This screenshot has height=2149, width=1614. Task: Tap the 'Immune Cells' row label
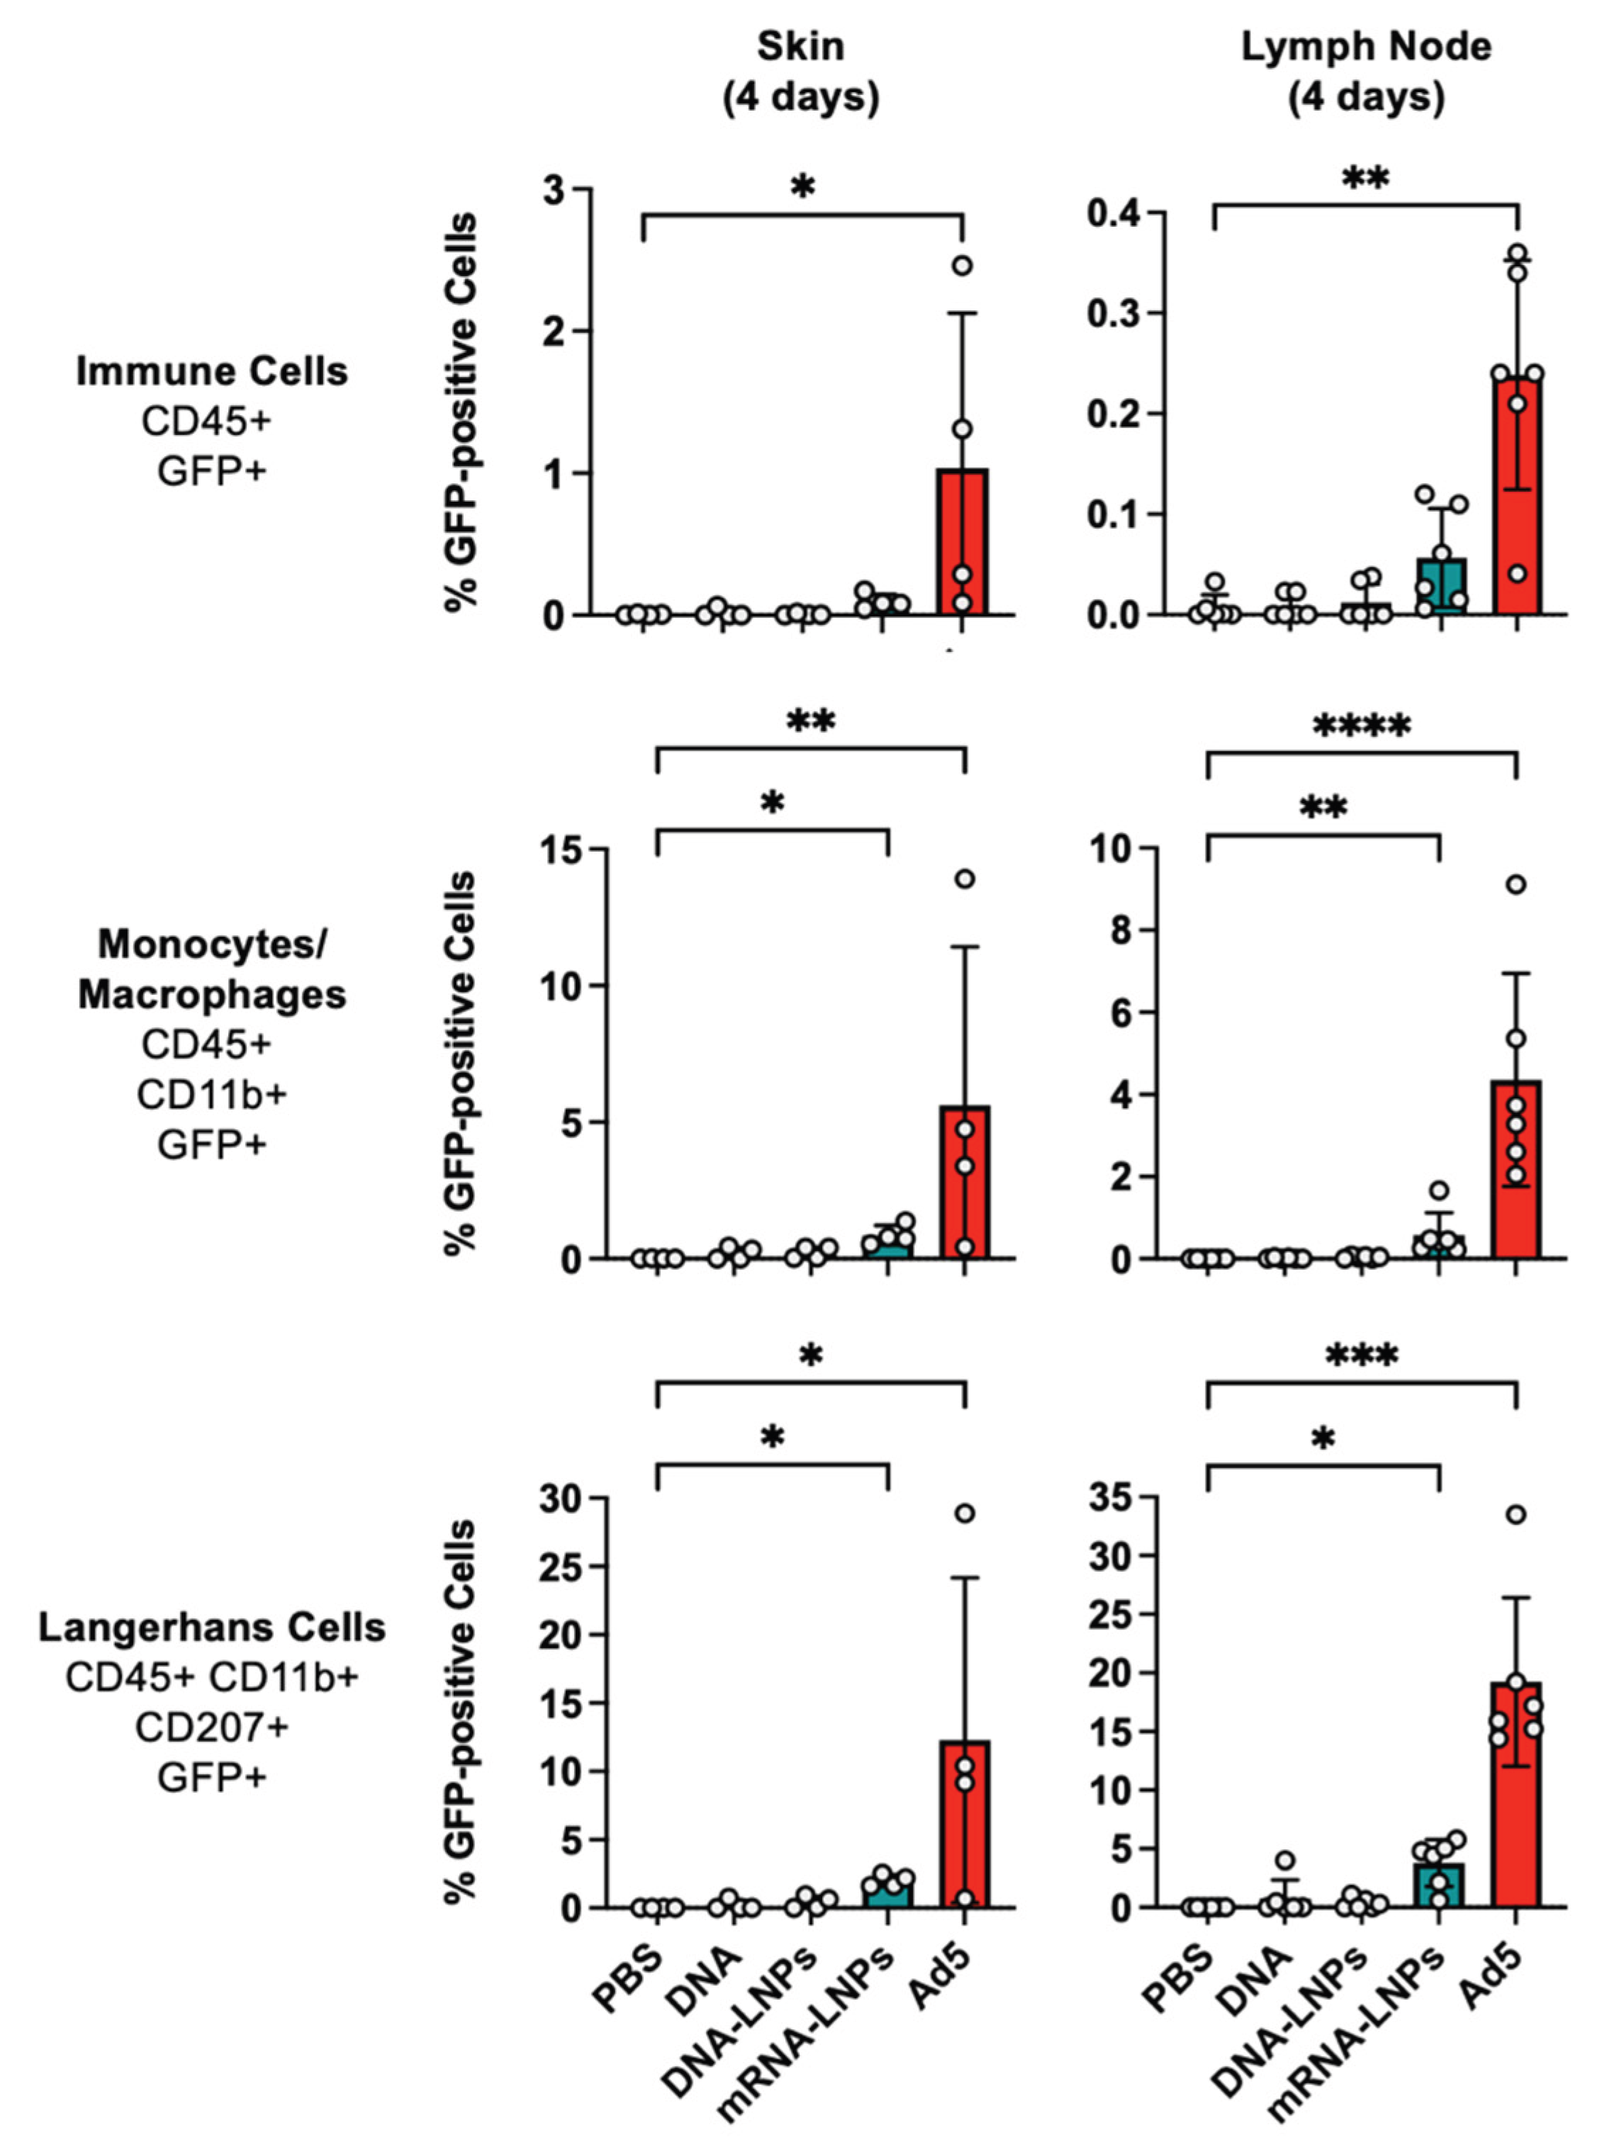pos(212,371)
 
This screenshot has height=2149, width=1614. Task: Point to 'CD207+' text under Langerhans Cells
pos(212,1727)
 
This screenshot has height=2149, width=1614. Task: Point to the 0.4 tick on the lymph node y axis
pos(1113,213)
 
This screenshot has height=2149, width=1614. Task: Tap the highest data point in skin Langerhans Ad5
pos(964,1513)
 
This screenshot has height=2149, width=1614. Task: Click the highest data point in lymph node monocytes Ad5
pos(1516,884)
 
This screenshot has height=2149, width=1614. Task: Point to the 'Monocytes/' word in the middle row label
pos(212,943)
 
